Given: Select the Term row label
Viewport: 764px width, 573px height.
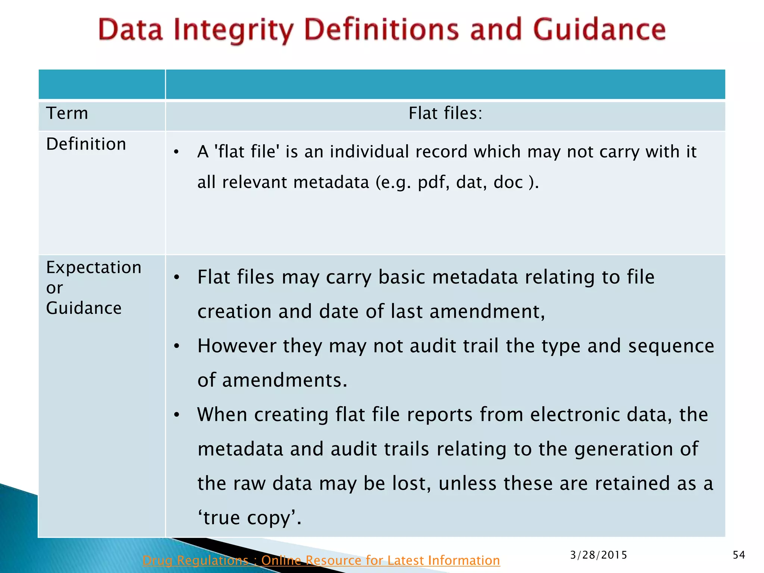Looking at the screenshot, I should pos(67,113).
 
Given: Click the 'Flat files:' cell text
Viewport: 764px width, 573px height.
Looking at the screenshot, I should pos(445,113).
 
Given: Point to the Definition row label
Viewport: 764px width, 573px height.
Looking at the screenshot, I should pos(86,144).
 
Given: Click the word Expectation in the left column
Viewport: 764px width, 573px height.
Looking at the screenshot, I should pos(94,267).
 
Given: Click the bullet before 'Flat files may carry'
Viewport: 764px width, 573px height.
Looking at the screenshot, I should pos(177,277).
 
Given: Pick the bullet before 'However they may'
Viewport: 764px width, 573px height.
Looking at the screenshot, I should pos(177,346).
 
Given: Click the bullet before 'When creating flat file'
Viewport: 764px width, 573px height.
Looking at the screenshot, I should pos(177,415).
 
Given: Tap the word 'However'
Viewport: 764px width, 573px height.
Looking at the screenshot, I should pos(237,346).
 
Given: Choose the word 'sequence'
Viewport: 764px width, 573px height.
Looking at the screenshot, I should pos(671,346).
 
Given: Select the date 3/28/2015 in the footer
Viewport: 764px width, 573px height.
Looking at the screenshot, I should pos(599,555).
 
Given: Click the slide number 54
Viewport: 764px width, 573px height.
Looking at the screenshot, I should pos(739,555).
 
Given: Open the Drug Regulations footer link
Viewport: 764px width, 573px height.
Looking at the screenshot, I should pos(321,560).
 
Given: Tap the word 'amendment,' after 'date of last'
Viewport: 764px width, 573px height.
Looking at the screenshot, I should pos(487,311).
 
